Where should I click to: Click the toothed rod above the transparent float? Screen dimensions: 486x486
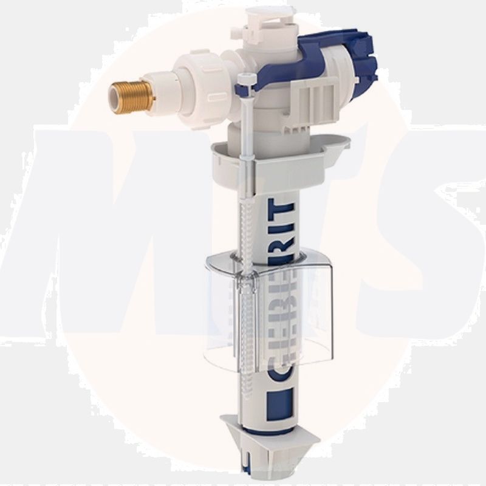click(x=246, y=225)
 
